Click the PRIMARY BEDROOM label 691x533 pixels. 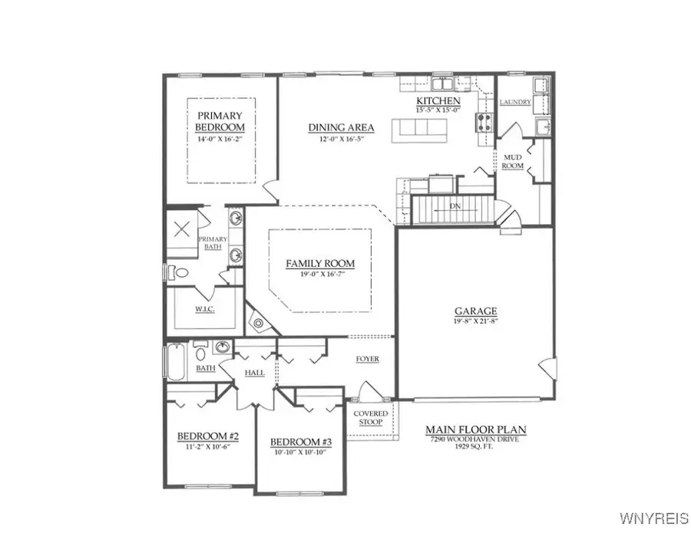[x=219, y=121]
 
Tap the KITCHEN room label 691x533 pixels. [x=438, y=101]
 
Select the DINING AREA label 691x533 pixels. [x=341, y=127]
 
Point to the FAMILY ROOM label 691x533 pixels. [x=320, y=264]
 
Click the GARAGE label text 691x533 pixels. [x=475, y=311]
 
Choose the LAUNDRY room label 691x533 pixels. [x=515, y=102]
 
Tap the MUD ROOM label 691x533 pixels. [x=512, y=161]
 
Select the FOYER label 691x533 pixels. [x=367, y=359]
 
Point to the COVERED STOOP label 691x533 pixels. [x=371, y=418]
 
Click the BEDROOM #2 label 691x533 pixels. [x=208, y=436]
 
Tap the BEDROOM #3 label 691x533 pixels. [x=300, y=443]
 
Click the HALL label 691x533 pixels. [x=254, y=373]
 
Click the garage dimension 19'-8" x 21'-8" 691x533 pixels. [x=475, y=322]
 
